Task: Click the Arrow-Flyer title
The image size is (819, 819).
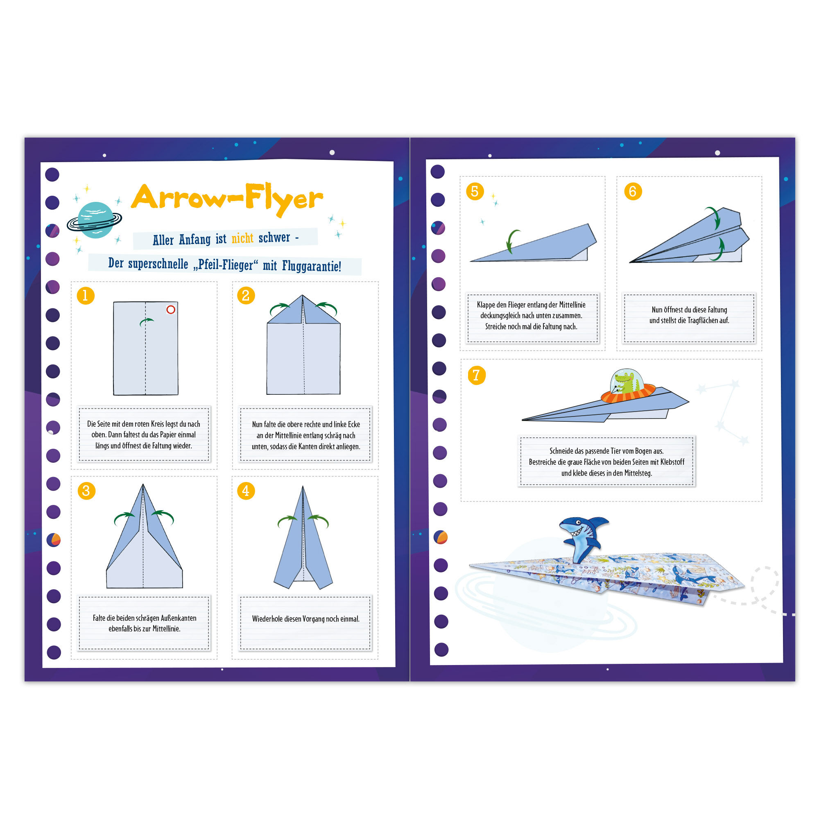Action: [227, 199]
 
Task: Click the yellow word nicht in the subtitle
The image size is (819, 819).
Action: [242, 238]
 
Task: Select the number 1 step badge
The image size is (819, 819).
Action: [86, 296]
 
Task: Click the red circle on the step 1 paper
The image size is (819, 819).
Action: [171, 310]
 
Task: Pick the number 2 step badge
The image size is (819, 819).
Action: [246, 296]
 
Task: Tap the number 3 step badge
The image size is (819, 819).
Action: [86, 491]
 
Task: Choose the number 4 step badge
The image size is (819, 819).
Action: [246, 491]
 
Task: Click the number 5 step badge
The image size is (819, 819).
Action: [475, 191]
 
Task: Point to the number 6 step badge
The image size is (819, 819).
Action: [633, 191]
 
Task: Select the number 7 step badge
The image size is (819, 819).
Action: [477, 375]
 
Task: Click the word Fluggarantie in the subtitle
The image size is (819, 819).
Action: [312, 266]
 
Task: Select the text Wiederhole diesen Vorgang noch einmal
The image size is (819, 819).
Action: [305, 619]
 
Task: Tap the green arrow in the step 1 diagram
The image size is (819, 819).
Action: [146, 322]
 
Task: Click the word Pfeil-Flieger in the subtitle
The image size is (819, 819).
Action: [226, 265]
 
